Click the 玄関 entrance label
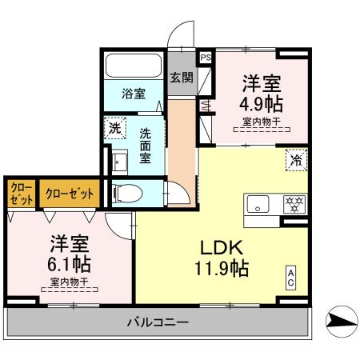(182, 78)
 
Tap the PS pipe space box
(206, 58)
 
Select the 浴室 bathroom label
(134, 94)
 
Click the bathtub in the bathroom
(134, 65)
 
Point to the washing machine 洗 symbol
(114, 128)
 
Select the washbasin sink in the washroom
(120, 162)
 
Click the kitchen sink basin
(261, 203)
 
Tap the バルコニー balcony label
(157, 323)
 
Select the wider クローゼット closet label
(70, 193)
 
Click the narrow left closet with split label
(21, 193)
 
